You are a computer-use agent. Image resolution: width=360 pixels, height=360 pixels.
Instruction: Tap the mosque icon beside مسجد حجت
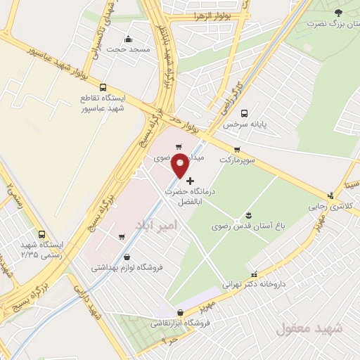click(127, 39)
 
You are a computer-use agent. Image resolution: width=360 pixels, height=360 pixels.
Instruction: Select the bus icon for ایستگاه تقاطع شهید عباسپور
click(104, 88)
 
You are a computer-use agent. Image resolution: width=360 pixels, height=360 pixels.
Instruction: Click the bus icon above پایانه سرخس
click(244, 113)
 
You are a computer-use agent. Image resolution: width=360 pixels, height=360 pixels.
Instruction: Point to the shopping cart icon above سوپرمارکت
click(237, 149)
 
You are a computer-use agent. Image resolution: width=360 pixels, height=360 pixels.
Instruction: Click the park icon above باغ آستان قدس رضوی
click(249, 215)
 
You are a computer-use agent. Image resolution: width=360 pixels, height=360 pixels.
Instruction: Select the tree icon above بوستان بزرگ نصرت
click(338, 13)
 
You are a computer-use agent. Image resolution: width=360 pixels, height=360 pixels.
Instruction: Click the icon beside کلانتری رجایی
click(330, 196)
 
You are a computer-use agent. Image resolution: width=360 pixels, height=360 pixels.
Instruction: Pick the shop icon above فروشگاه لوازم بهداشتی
click(127, 257)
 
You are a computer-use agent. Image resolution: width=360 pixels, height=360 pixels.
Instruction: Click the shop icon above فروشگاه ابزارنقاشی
click(181, 313)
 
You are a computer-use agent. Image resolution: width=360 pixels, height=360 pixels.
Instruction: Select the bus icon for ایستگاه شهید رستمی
click(42, 234)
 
